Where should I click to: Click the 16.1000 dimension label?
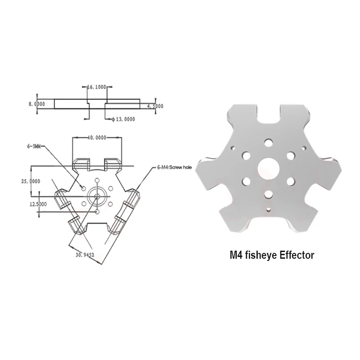point(97,87)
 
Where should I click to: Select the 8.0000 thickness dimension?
point(37,104)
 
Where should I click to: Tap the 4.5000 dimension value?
point(155,106)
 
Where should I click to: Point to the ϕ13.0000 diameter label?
point(123,119)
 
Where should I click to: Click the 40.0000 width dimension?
point(97,138)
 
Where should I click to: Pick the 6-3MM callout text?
point(34,146)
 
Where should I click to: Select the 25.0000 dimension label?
point(31,181)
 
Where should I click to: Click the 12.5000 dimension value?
point(38,204)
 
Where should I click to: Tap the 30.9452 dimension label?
point(85,255)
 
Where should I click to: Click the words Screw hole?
point(180,167)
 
